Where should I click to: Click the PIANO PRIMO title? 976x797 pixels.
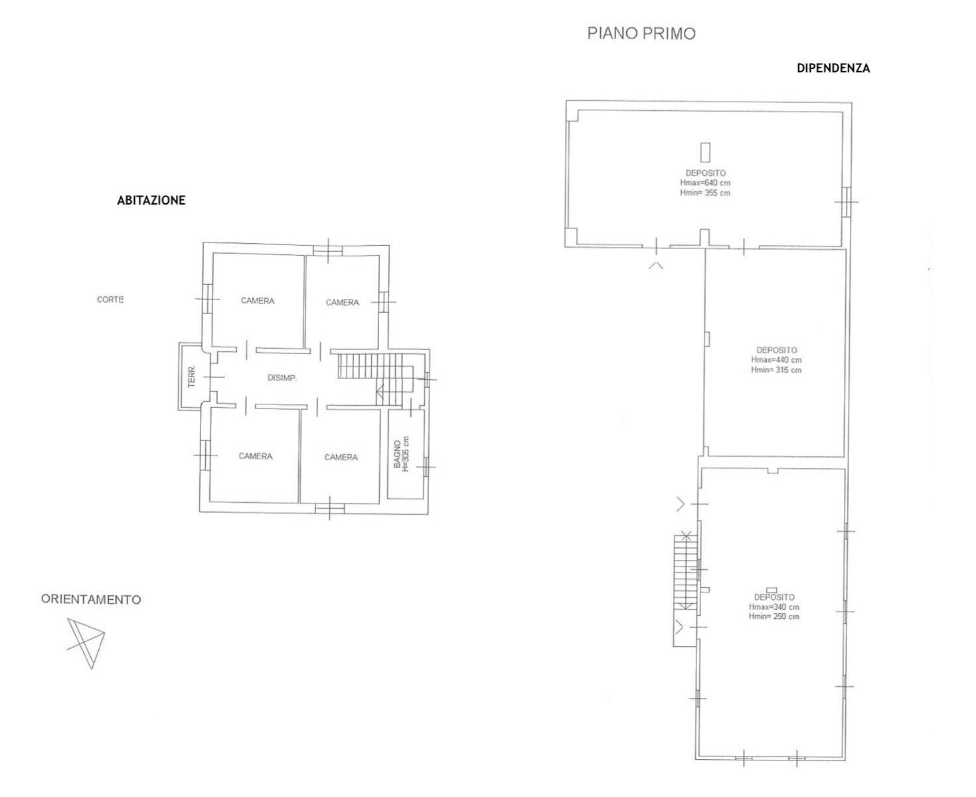pos(641,33)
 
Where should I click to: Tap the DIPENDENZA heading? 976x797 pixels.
pos(833,68)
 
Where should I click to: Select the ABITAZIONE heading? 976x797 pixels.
pos(151,200)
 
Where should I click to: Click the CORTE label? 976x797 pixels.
pos(110,300)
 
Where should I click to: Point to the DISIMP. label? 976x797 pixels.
pos(282,378)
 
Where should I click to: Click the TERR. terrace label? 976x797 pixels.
pos(192,377)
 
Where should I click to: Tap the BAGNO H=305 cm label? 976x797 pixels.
pos(401,454)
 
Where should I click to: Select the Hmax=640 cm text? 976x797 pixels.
pos(705,183)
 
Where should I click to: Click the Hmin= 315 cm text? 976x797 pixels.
pos(776,370)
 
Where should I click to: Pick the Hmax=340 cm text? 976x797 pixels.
pos(773,607)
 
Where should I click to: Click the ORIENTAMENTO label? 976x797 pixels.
pos(91,599)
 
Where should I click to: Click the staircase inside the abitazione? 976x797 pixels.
pos(375,379)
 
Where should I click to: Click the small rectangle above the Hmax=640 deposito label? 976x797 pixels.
pos(705,152)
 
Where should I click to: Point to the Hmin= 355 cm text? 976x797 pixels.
pos(705,193)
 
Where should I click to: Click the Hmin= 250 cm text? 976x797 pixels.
pos(773,616)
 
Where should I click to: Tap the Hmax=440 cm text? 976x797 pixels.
pos(776,359)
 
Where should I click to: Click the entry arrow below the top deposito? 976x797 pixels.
pos(656,265)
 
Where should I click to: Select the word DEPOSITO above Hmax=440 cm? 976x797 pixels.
pos(777,351)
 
